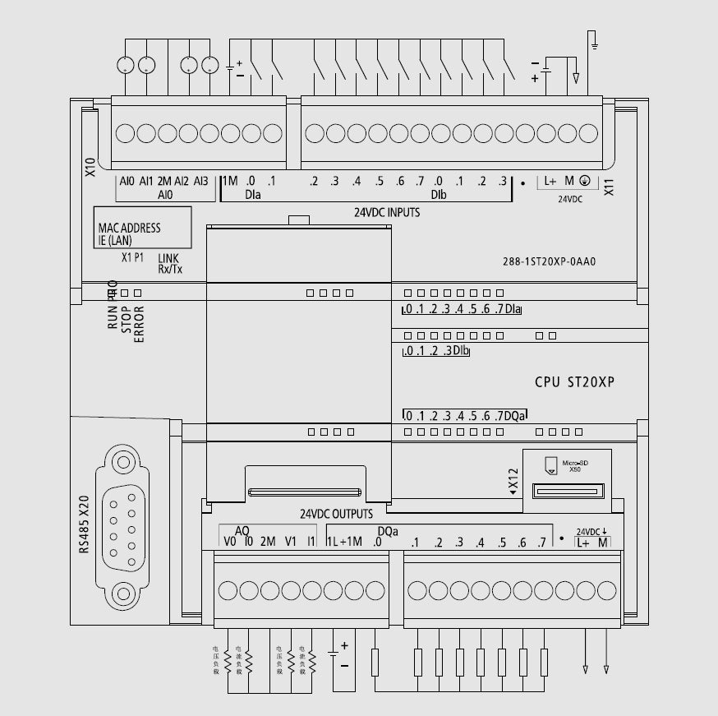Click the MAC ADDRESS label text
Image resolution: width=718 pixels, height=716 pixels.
tap(129, 228)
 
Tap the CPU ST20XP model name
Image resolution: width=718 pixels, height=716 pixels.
tap(574, 382)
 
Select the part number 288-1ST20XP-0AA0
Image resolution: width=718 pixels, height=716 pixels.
tap(548, 263)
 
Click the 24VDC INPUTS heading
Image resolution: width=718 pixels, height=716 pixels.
tap(386, 212)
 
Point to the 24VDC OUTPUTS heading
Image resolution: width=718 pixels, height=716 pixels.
tap(335, 515)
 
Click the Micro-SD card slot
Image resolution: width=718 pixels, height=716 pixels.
tap(568, 491)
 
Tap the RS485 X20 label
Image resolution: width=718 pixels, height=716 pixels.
tap(83, 524)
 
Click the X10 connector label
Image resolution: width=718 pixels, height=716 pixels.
tap(90, 168)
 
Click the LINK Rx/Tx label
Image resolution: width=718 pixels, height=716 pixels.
tap(169, 263)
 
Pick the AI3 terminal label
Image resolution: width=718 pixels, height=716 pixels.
tap(201, 181)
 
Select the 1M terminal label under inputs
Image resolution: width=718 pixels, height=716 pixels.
tap(229, 181)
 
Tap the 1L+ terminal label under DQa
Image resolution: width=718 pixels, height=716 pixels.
tap(338, 541)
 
